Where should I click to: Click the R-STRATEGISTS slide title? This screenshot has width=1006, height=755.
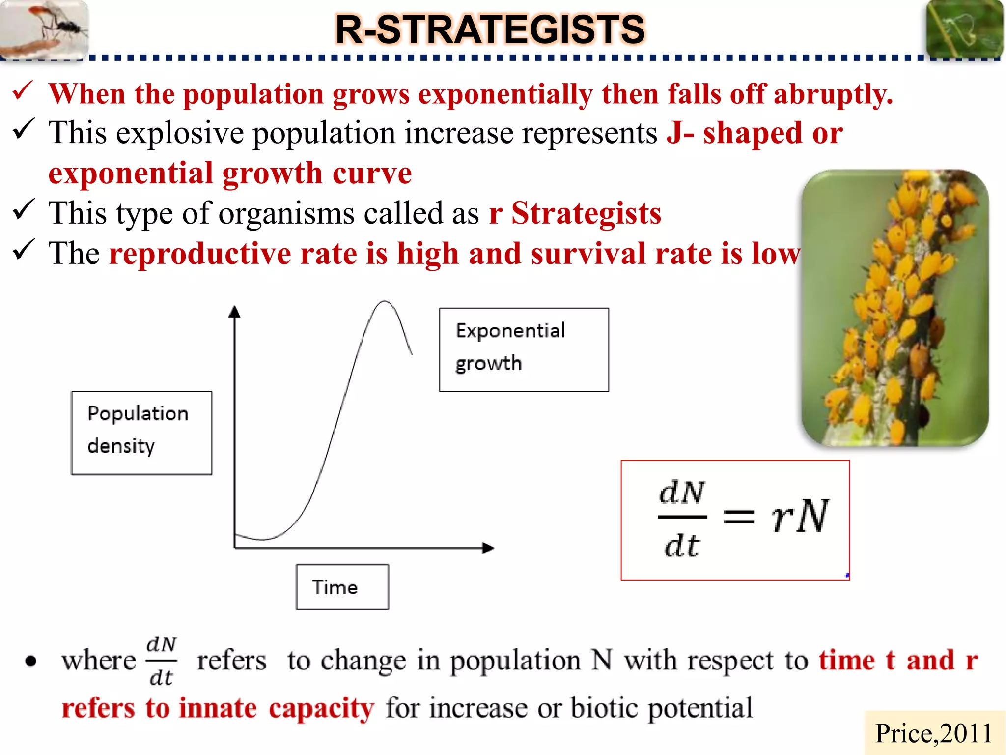490,29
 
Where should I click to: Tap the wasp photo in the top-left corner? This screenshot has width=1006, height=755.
44,29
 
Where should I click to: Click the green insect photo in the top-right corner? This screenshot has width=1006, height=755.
964,29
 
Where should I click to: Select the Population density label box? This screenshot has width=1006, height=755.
141,433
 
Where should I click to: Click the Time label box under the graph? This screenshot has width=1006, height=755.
342,587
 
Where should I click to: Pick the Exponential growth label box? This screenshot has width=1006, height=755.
524,349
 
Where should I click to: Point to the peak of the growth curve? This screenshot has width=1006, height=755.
384,301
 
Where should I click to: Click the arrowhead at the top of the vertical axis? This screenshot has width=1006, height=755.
235,312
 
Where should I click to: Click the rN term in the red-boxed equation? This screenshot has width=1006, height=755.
799,516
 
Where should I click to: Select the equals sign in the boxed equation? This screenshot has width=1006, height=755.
738,517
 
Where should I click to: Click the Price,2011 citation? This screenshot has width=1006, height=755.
933,733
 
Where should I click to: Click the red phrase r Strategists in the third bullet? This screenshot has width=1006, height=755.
575,213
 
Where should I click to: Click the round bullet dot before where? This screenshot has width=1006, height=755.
31,662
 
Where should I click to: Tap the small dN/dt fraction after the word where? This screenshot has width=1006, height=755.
161,661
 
